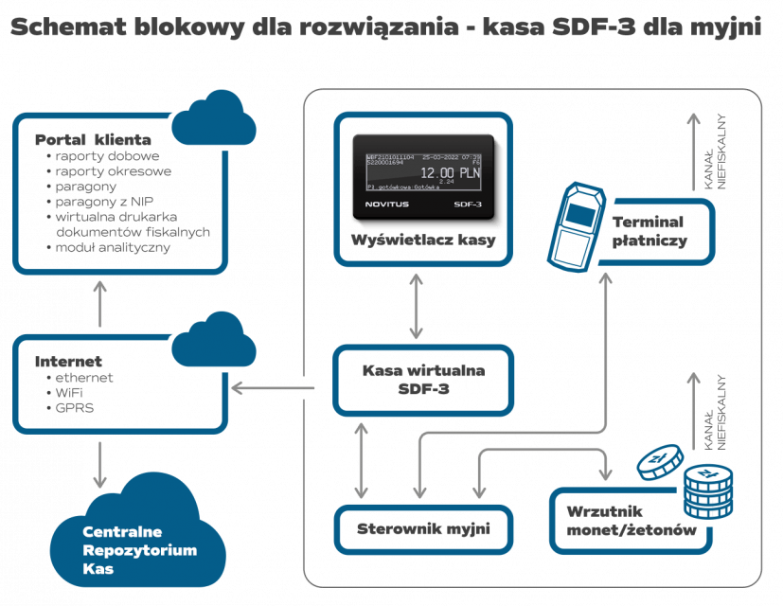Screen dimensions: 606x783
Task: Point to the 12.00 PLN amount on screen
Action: pyautogui.click(x=449, y=173)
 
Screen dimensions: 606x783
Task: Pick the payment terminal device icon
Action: pyautogui.click(x=578, y=223)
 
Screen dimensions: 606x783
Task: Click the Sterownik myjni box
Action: pyautogui.click(x=422, y=529)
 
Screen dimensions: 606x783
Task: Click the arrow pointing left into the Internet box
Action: pyautogui.click(x=275, y=387)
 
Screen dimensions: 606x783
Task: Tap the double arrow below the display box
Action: pyautogui.click(x=418, y=307)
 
